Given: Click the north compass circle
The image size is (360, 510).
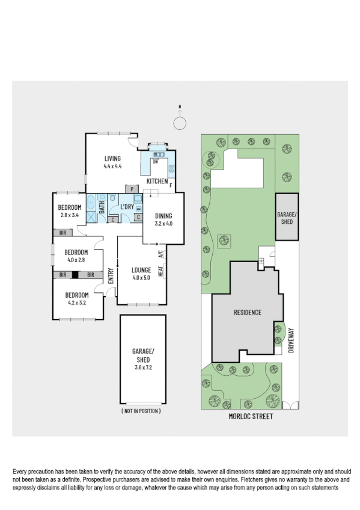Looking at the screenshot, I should tap(179, 123).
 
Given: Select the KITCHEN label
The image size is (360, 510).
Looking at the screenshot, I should tap(157, 181).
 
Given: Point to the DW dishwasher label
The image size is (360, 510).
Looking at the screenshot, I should tap(155, 162).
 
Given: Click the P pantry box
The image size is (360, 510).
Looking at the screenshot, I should tap(131, 189).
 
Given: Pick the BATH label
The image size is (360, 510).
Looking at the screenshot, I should tap(102, 207).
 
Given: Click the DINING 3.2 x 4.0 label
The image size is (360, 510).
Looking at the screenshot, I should tap(164, 220).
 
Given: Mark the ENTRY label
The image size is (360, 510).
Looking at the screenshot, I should tap(111, 275).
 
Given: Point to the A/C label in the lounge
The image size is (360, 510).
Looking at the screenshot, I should tap(160, 254).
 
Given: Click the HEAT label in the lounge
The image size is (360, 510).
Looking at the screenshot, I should tap(160, 271).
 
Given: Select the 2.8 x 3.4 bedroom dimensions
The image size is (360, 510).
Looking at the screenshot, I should tap(70, 215).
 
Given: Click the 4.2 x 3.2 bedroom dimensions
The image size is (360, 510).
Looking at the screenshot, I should tap(77, 303).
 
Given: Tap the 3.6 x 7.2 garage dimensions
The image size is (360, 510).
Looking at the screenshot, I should tap(143, 366).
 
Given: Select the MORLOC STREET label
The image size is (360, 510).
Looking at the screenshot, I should tap(247, 416).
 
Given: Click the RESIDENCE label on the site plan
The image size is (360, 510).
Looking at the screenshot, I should tap(247, 312).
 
